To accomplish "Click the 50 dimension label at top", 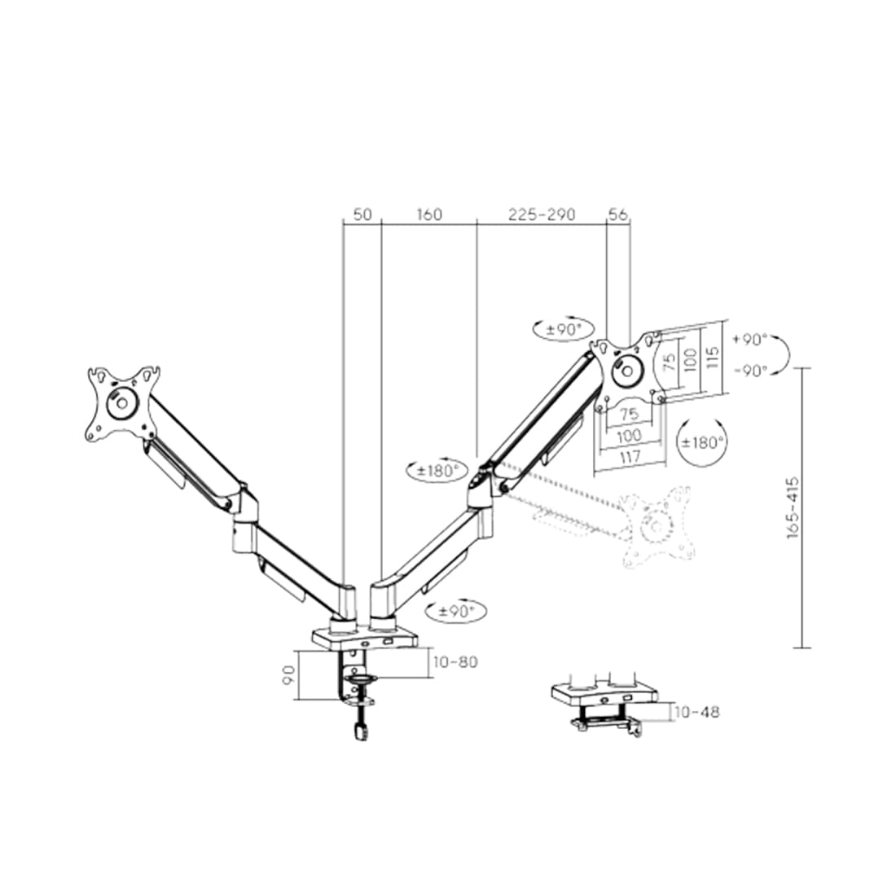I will point(362,214).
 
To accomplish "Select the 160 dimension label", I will point(429,214).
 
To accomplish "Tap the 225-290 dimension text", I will point(542,214).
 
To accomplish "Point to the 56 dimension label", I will point(618,214).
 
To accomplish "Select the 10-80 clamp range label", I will point(455,662).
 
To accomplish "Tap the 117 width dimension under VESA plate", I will point(630,457).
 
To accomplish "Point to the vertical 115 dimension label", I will point(713,357).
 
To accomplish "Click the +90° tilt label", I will point(749,339).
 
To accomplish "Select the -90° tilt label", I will point(749,370).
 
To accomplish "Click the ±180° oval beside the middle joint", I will point(437,470).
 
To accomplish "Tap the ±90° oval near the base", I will point(459,610).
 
